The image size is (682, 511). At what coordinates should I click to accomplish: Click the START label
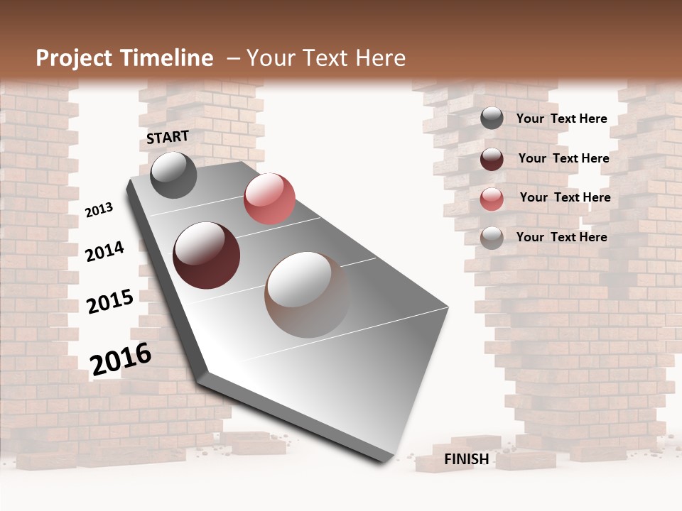[168, 136]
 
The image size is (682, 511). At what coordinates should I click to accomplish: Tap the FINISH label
[466, 458]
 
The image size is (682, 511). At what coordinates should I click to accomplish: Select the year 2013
[99, 210]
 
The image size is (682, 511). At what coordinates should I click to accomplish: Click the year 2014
[104, 252]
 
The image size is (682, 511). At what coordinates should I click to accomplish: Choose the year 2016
[121, 359]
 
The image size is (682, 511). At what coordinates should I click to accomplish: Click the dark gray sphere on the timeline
[173, 175]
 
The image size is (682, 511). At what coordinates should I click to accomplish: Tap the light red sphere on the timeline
[269, 199]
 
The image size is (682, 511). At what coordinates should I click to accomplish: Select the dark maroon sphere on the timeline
[206, 255]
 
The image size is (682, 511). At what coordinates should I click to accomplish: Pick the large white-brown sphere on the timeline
[307, 295]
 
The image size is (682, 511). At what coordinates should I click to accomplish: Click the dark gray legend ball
[492, 119]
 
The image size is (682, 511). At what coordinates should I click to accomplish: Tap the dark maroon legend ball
[492, 158]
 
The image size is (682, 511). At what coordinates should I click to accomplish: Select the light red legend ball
[492, 198]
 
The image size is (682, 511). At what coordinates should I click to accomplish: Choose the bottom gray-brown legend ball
[492, 238]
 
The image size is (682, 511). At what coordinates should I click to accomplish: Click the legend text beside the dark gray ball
[561, 119]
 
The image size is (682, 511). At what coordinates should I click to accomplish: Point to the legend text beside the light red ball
[565, 197]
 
